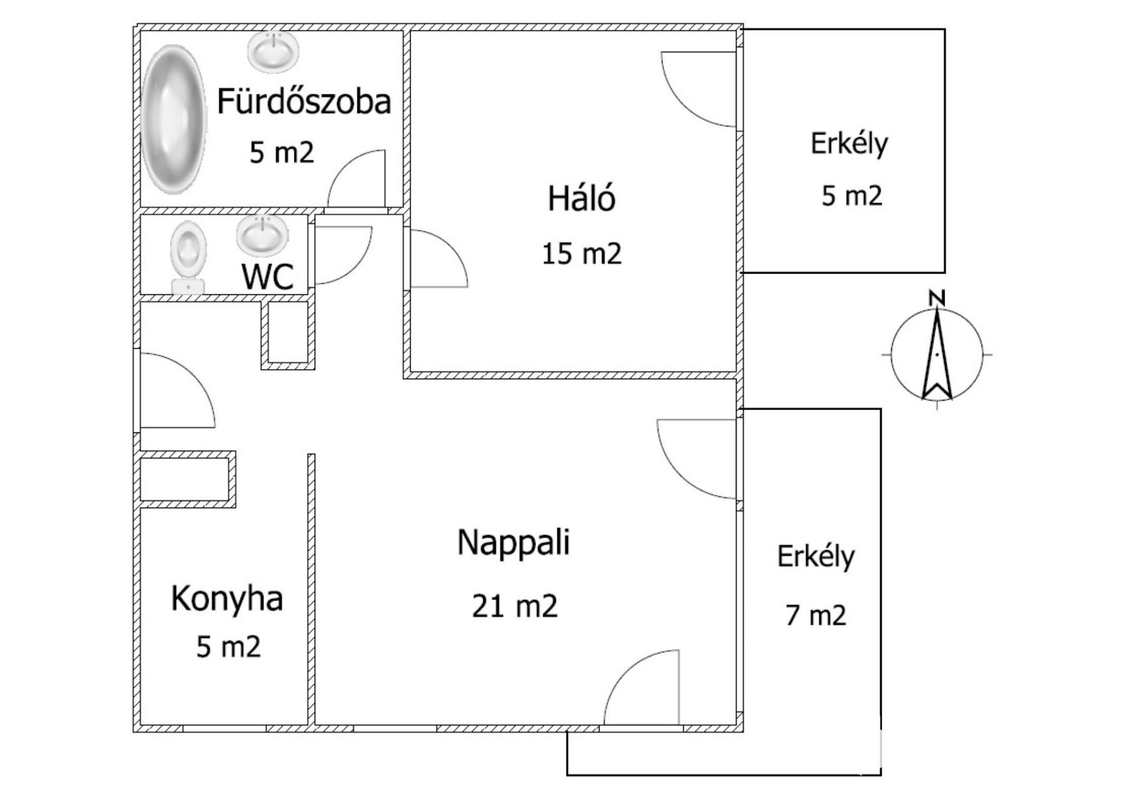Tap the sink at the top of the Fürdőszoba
(x=273, y=51)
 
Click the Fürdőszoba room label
(x=304, y=101)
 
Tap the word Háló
(x=581, y=198)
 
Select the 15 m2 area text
(x=581, y=254)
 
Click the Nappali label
(x=514, y=542)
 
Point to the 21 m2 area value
(x=514, y=606)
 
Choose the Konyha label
(x=227, y=599)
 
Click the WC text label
(x=268, y=277)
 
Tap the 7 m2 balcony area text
(x=815, y=616)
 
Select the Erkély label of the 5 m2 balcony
(x=849, y=144)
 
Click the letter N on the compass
(x=937, y=298)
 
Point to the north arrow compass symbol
(x=937, y=354)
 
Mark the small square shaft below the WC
(x=287, y=333)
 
